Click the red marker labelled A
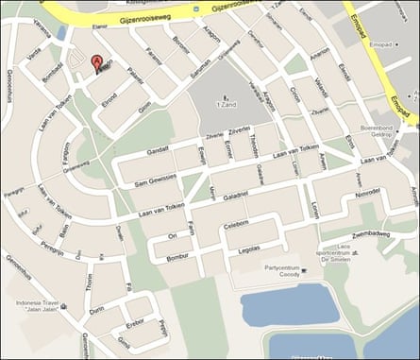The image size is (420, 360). coord(96,64)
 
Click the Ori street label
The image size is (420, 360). coord(172,235)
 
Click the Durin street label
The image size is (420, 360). coord(96,308)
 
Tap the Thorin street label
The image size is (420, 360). coord(89,280)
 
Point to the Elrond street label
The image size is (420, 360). coord(109,96)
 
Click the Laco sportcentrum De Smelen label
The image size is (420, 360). coord(338,250)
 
